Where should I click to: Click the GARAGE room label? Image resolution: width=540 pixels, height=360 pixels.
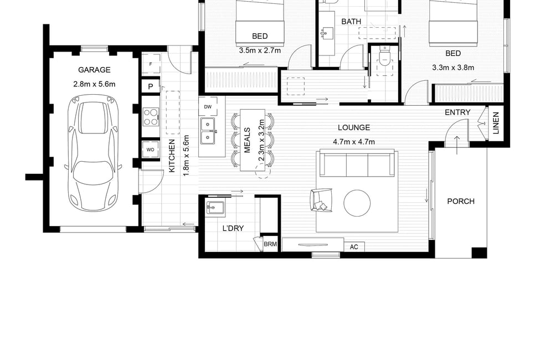click(94, 70)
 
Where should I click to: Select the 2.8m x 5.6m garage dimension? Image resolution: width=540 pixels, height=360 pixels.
click(94, 84)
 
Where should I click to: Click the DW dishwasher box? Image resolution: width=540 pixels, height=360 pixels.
click(208, 107)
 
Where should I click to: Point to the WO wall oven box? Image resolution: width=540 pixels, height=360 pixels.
click(151, 150)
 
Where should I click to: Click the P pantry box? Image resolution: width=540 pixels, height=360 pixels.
click(151, 86)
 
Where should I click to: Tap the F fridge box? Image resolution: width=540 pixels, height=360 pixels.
click(151, 64)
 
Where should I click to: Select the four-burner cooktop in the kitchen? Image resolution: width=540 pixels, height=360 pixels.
click(151, 117)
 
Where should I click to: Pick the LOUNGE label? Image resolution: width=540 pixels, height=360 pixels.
click(354, 128)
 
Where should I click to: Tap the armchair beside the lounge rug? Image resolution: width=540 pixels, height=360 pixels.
click(321, 200)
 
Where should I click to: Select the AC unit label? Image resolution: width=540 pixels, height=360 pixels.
click(354, 247)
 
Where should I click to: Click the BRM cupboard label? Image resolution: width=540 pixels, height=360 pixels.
click(270, 244)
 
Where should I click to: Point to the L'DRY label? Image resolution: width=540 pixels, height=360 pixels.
click(233, 228)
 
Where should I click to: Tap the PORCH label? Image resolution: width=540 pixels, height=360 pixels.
click(461, 201)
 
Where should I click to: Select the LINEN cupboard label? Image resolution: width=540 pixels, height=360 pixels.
click(496, 123)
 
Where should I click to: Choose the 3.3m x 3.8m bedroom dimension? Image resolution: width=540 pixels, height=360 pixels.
click(453, 68)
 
